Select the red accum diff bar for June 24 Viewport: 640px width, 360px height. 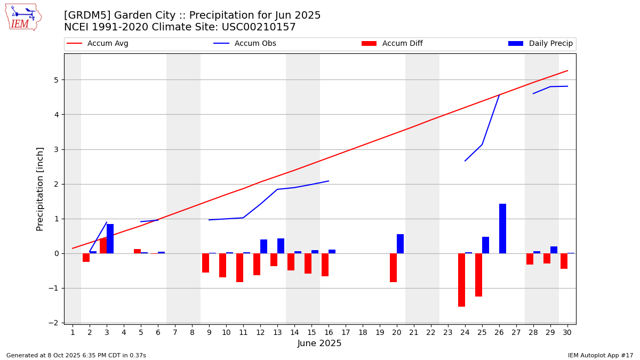pos(461,279)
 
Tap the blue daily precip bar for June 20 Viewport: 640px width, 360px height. pos(400,244)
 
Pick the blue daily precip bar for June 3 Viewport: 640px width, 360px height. pos(110,238)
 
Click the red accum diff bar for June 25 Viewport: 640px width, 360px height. pos(478,275)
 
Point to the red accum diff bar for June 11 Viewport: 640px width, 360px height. pos(239,267)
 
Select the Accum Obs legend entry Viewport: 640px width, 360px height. pos(255,44)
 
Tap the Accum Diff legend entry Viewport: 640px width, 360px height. pos(402,44)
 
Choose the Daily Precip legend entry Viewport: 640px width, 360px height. pos(550,44)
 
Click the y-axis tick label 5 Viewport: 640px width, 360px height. pos(55,80)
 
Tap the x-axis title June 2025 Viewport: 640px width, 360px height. pos(319,343)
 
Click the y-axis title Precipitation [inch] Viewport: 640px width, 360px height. pos(40,189)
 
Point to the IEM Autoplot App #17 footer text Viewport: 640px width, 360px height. pos(600,355)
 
